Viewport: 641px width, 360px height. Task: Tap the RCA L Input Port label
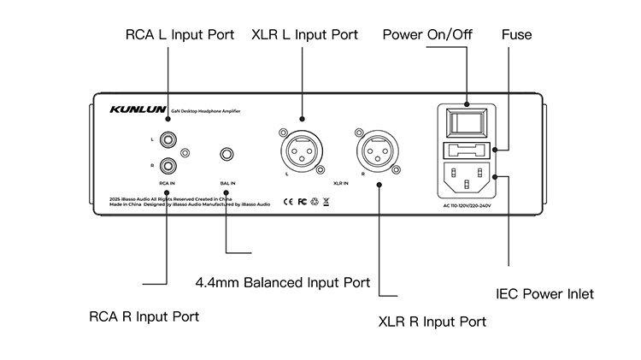179,35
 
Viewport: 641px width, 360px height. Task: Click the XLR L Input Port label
304,35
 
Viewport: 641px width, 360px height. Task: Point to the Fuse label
516,35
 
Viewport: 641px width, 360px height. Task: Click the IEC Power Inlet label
544,294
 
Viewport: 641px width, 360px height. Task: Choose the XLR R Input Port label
432,322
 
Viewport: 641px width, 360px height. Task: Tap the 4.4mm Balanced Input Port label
282,282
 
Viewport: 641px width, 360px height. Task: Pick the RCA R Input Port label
144,316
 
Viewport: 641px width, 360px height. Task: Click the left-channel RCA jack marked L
167,137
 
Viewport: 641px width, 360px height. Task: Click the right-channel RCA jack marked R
167,166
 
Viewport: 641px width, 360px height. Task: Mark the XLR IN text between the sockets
341,183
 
